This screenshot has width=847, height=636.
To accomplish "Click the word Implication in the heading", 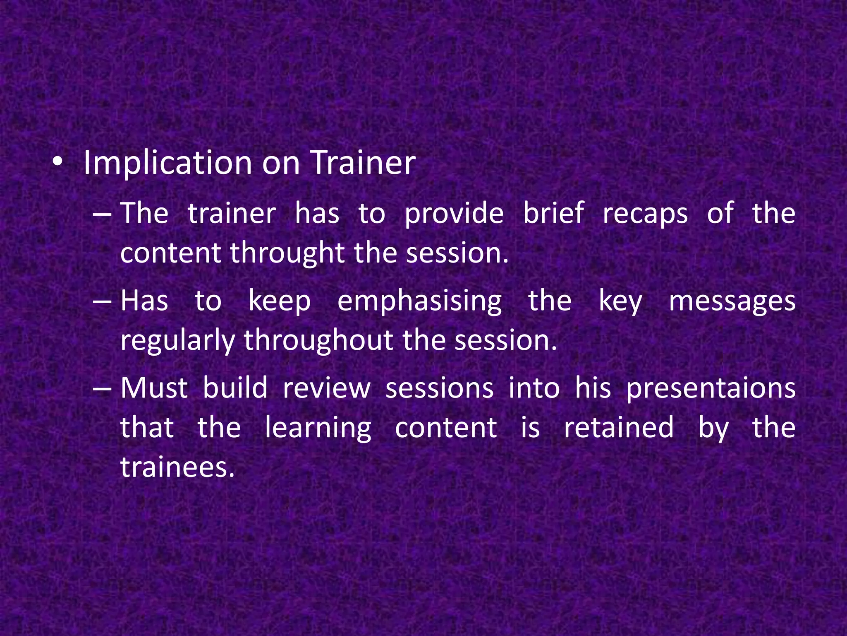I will [167, 163].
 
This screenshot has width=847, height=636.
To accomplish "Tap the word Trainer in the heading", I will [363, 162].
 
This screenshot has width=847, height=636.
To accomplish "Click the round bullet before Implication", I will [57, 163].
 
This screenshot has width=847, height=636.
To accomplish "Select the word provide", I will [454, 214].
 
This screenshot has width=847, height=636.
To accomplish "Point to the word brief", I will [553, 213].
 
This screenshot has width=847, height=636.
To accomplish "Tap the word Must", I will [154, 388].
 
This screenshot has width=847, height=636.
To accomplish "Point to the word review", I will [327, 388].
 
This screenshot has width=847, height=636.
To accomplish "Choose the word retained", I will [619, 427].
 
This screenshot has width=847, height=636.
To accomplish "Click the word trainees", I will [177, 467].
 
